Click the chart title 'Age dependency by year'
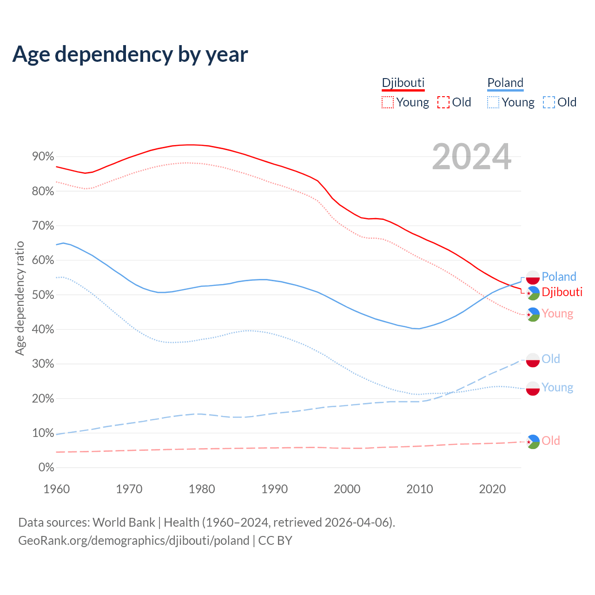[x=130, y=54]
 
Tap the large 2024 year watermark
[x=471, y=157]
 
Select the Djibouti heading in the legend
[x=403, y=83]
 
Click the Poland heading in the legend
[x=505, y=83]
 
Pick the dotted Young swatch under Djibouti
[x=388, y=102]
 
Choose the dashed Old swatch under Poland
[x=549, y=102]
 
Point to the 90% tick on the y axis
[x=43, y=157]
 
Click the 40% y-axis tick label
[x=43, y=330]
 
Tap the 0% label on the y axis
[x=46, y=468]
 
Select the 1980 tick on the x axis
[x=202, y=489]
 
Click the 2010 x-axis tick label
[x=420, y=489]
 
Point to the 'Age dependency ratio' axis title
[x=20, y=298]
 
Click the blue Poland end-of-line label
[x=559, y=277]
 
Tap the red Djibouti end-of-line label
[x=562, y=292]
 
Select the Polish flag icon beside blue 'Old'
[x=533, y=360]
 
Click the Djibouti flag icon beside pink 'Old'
[x=533, y=442]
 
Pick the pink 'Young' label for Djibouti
[x=557, y=314]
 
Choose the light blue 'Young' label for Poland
[x=557, y=388]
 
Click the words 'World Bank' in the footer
[x=124, y=522]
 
